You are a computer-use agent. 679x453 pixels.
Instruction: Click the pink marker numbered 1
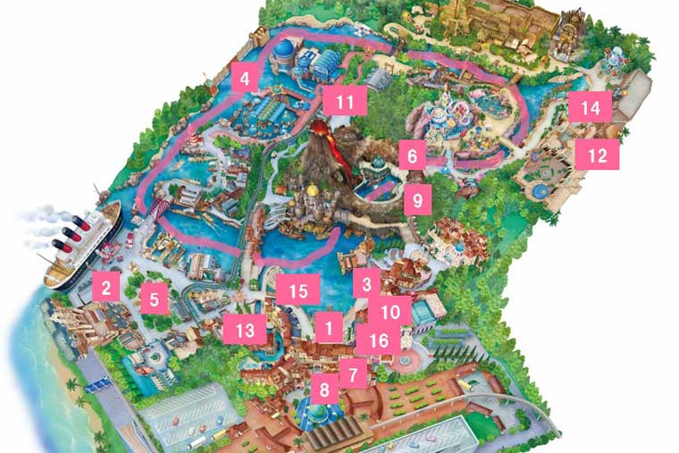(x=329, y=328)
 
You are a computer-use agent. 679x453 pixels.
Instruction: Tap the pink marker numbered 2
(x=105, y=287)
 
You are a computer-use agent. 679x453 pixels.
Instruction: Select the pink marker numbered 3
(x=365, y=285)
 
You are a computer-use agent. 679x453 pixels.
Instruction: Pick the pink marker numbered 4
(x=244, y=78)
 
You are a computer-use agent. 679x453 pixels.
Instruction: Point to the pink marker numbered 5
(x=155, y=298)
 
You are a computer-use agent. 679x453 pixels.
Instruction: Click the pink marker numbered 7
(x=353, y=373)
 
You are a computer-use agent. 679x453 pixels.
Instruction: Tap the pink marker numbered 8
(x=323, y=389)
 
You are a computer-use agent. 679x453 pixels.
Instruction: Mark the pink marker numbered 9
(x=416, y=199)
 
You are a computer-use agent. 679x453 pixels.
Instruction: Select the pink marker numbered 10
(x=390, y=312)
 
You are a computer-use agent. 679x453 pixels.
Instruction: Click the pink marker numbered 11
(x=345, y=101)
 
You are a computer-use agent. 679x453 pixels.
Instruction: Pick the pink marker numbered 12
(x=597, y=155)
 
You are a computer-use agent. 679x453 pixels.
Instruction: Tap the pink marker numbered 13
(x=245, y=330)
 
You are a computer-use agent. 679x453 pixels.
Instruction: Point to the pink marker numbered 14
(x=590, y=108)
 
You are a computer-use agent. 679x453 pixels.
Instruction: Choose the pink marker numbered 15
(x=298, y=290)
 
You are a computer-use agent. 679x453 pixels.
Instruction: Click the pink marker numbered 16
(x=379, y=340)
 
